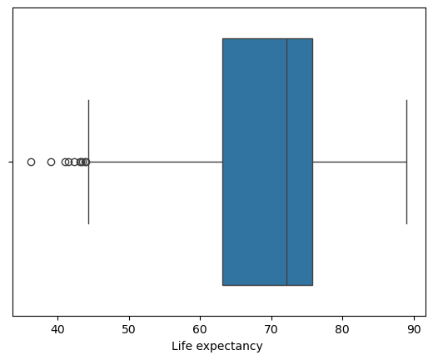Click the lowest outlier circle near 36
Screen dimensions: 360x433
pyautogui.click(x=31, y=162)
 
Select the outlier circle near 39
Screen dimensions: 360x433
pyautogui.click(x=51, y=162)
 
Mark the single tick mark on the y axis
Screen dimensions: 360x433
pyautogui.click(x=11, y=162)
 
